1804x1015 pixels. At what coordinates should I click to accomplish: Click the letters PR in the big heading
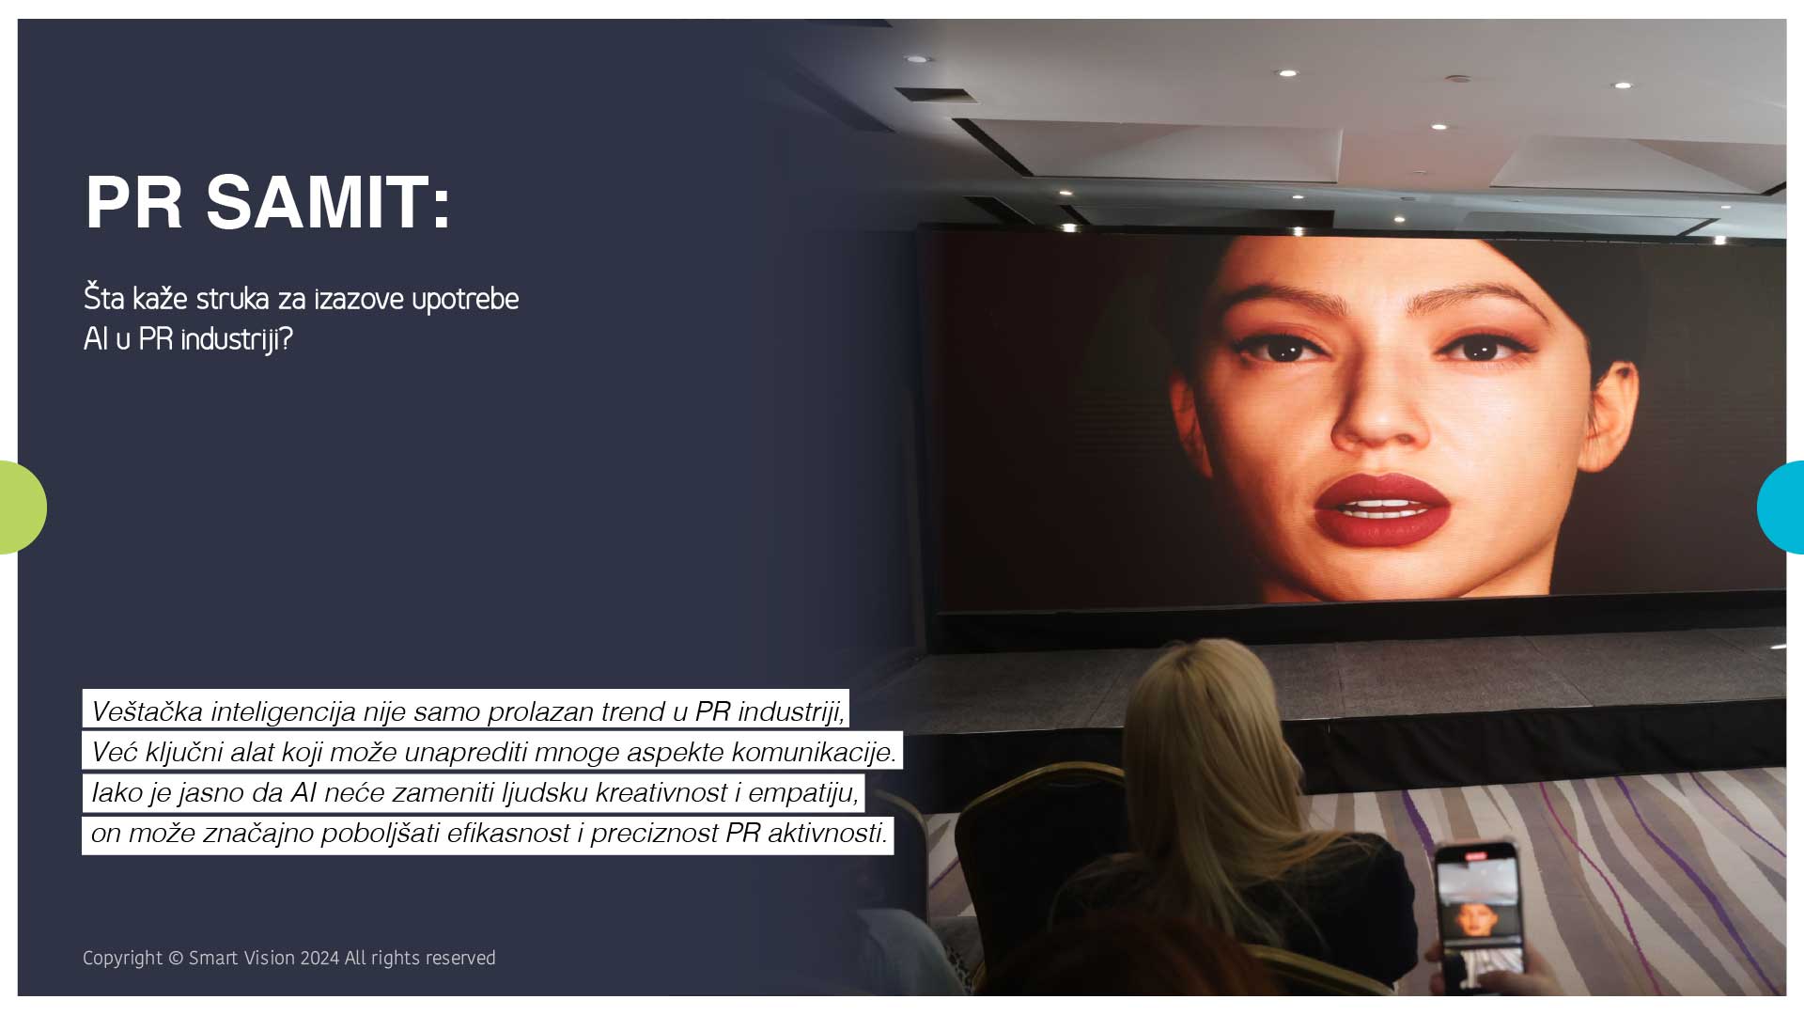click(x=133, y=202)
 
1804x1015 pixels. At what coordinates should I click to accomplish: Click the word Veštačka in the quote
click(x=147, y=711)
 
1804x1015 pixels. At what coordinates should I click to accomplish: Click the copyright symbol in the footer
click(x=176, y=959)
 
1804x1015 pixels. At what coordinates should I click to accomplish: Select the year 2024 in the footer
click(x=319, y=959)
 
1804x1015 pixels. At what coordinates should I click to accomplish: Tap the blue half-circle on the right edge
click(x=1781, y=507)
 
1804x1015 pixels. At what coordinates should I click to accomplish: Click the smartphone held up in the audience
click(x=1479, y=916)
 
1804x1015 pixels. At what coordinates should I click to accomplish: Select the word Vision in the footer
click(x=270, y=959)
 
